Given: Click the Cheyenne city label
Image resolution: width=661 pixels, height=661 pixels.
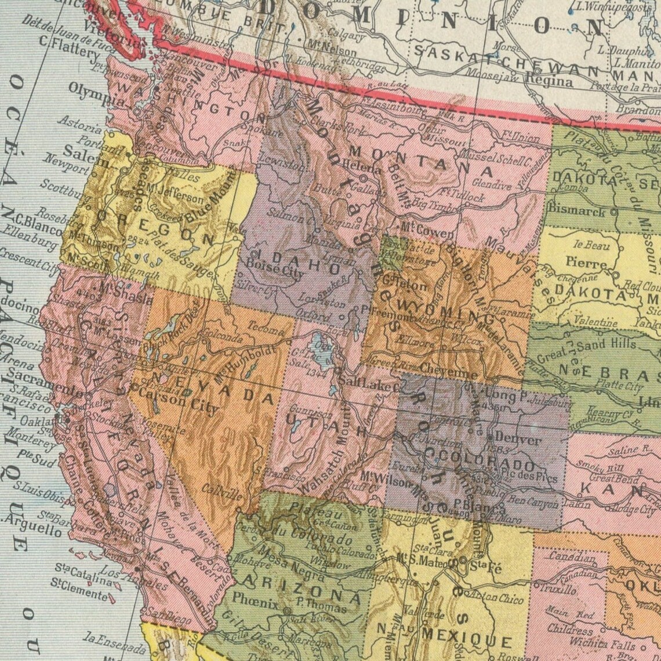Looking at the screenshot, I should click(x=449, y=367).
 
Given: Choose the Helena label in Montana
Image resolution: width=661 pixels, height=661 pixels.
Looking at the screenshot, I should click(x=361, y=168).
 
